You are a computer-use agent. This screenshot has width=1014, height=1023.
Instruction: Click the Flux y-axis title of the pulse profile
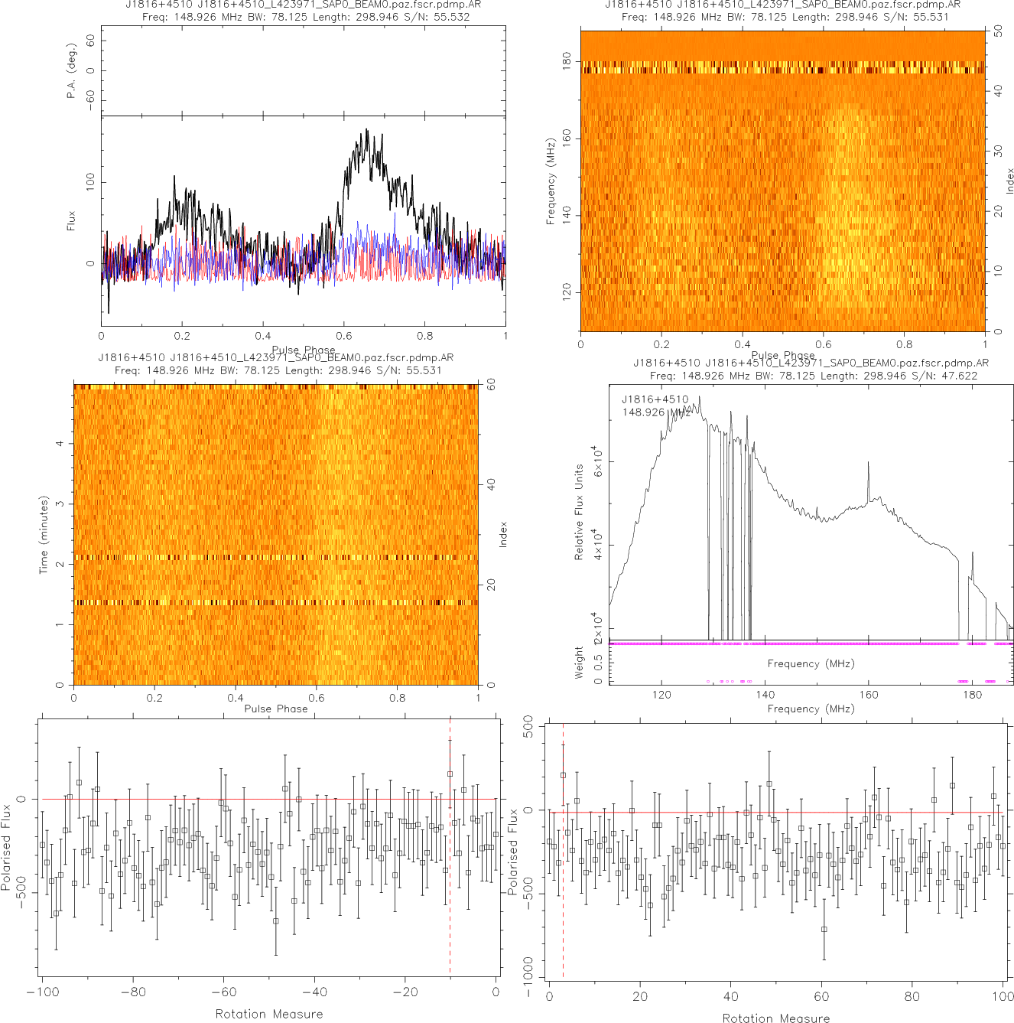tap(72, 221)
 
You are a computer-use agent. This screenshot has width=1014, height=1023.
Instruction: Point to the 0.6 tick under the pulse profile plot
tap(344, 336)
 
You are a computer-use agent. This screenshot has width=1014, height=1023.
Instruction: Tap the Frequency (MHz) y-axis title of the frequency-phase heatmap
tap(551, 181)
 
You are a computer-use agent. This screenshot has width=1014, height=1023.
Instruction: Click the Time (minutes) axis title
tap(44, 535)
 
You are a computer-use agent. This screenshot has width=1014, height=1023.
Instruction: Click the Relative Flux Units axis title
tap(579, 512)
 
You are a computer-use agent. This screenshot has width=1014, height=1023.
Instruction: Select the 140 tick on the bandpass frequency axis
tap(765, 695)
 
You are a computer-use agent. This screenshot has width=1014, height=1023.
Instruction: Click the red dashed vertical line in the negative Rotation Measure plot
tap(450, 842)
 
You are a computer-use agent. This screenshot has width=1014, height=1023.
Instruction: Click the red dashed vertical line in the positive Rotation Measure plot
tap(563, 842)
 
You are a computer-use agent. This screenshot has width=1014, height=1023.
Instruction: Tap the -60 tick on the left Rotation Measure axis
tap(223, 992)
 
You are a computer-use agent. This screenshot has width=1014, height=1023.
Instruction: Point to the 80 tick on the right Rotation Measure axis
tap(912, 996)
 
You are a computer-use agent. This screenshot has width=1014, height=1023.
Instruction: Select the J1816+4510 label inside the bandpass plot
tap(655, 399)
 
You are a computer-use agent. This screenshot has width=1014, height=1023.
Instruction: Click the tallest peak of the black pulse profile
tap(367, 130)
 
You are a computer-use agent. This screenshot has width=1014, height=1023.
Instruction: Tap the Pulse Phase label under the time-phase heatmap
tap(276, 709)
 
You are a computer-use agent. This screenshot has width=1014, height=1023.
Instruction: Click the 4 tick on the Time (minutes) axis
tap(60, 444)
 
